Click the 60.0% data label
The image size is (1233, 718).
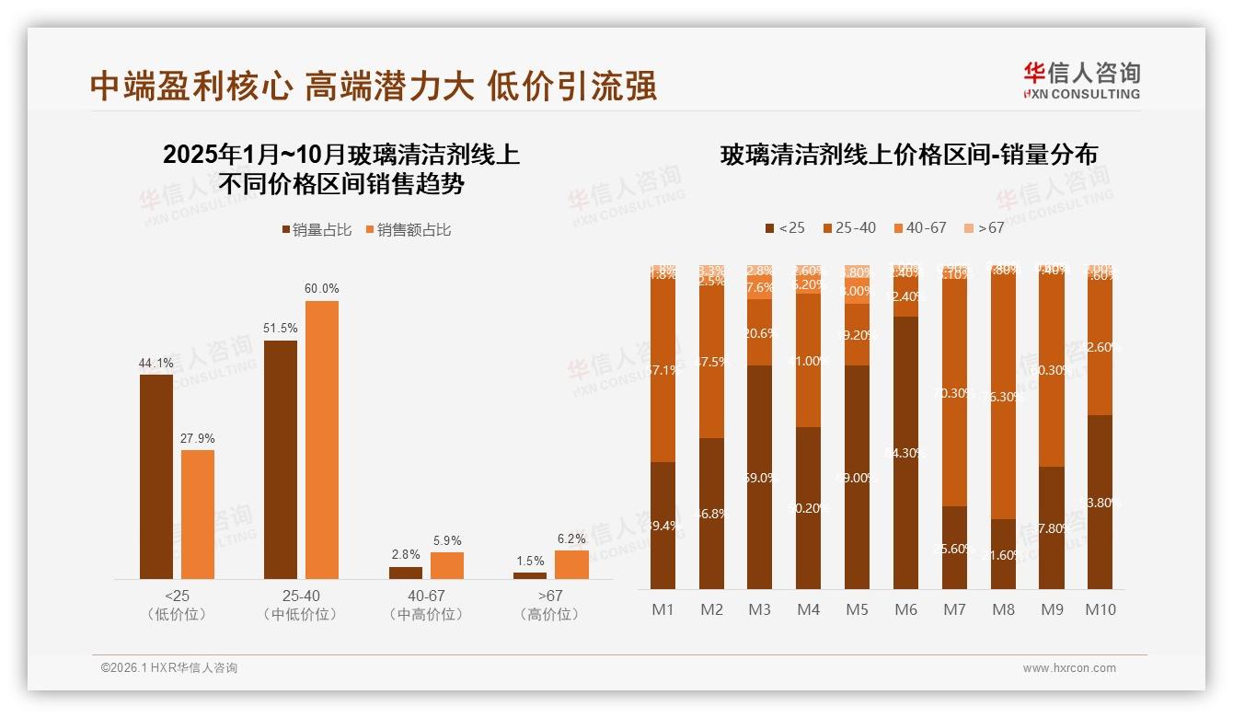321,289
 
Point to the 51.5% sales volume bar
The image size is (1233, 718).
281,459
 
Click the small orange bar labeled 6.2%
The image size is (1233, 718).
570,564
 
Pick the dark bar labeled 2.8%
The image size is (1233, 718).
406,573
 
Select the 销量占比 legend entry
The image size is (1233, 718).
317,230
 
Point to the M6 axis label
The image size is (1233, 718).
905,609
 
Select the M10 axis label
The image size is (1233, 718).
1100,609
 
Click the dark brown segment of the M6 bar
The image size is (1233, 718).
905,452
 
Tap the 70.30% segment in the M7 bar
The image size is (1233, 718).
954,393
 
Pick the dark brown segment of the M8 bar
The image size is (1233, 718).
1003,554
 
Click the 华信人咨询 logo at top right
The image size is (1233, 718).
1081,80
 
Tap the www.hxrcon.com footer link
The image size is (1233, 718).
1069,668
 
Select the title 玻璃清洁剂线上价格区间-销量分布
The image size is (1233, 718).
908,155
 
